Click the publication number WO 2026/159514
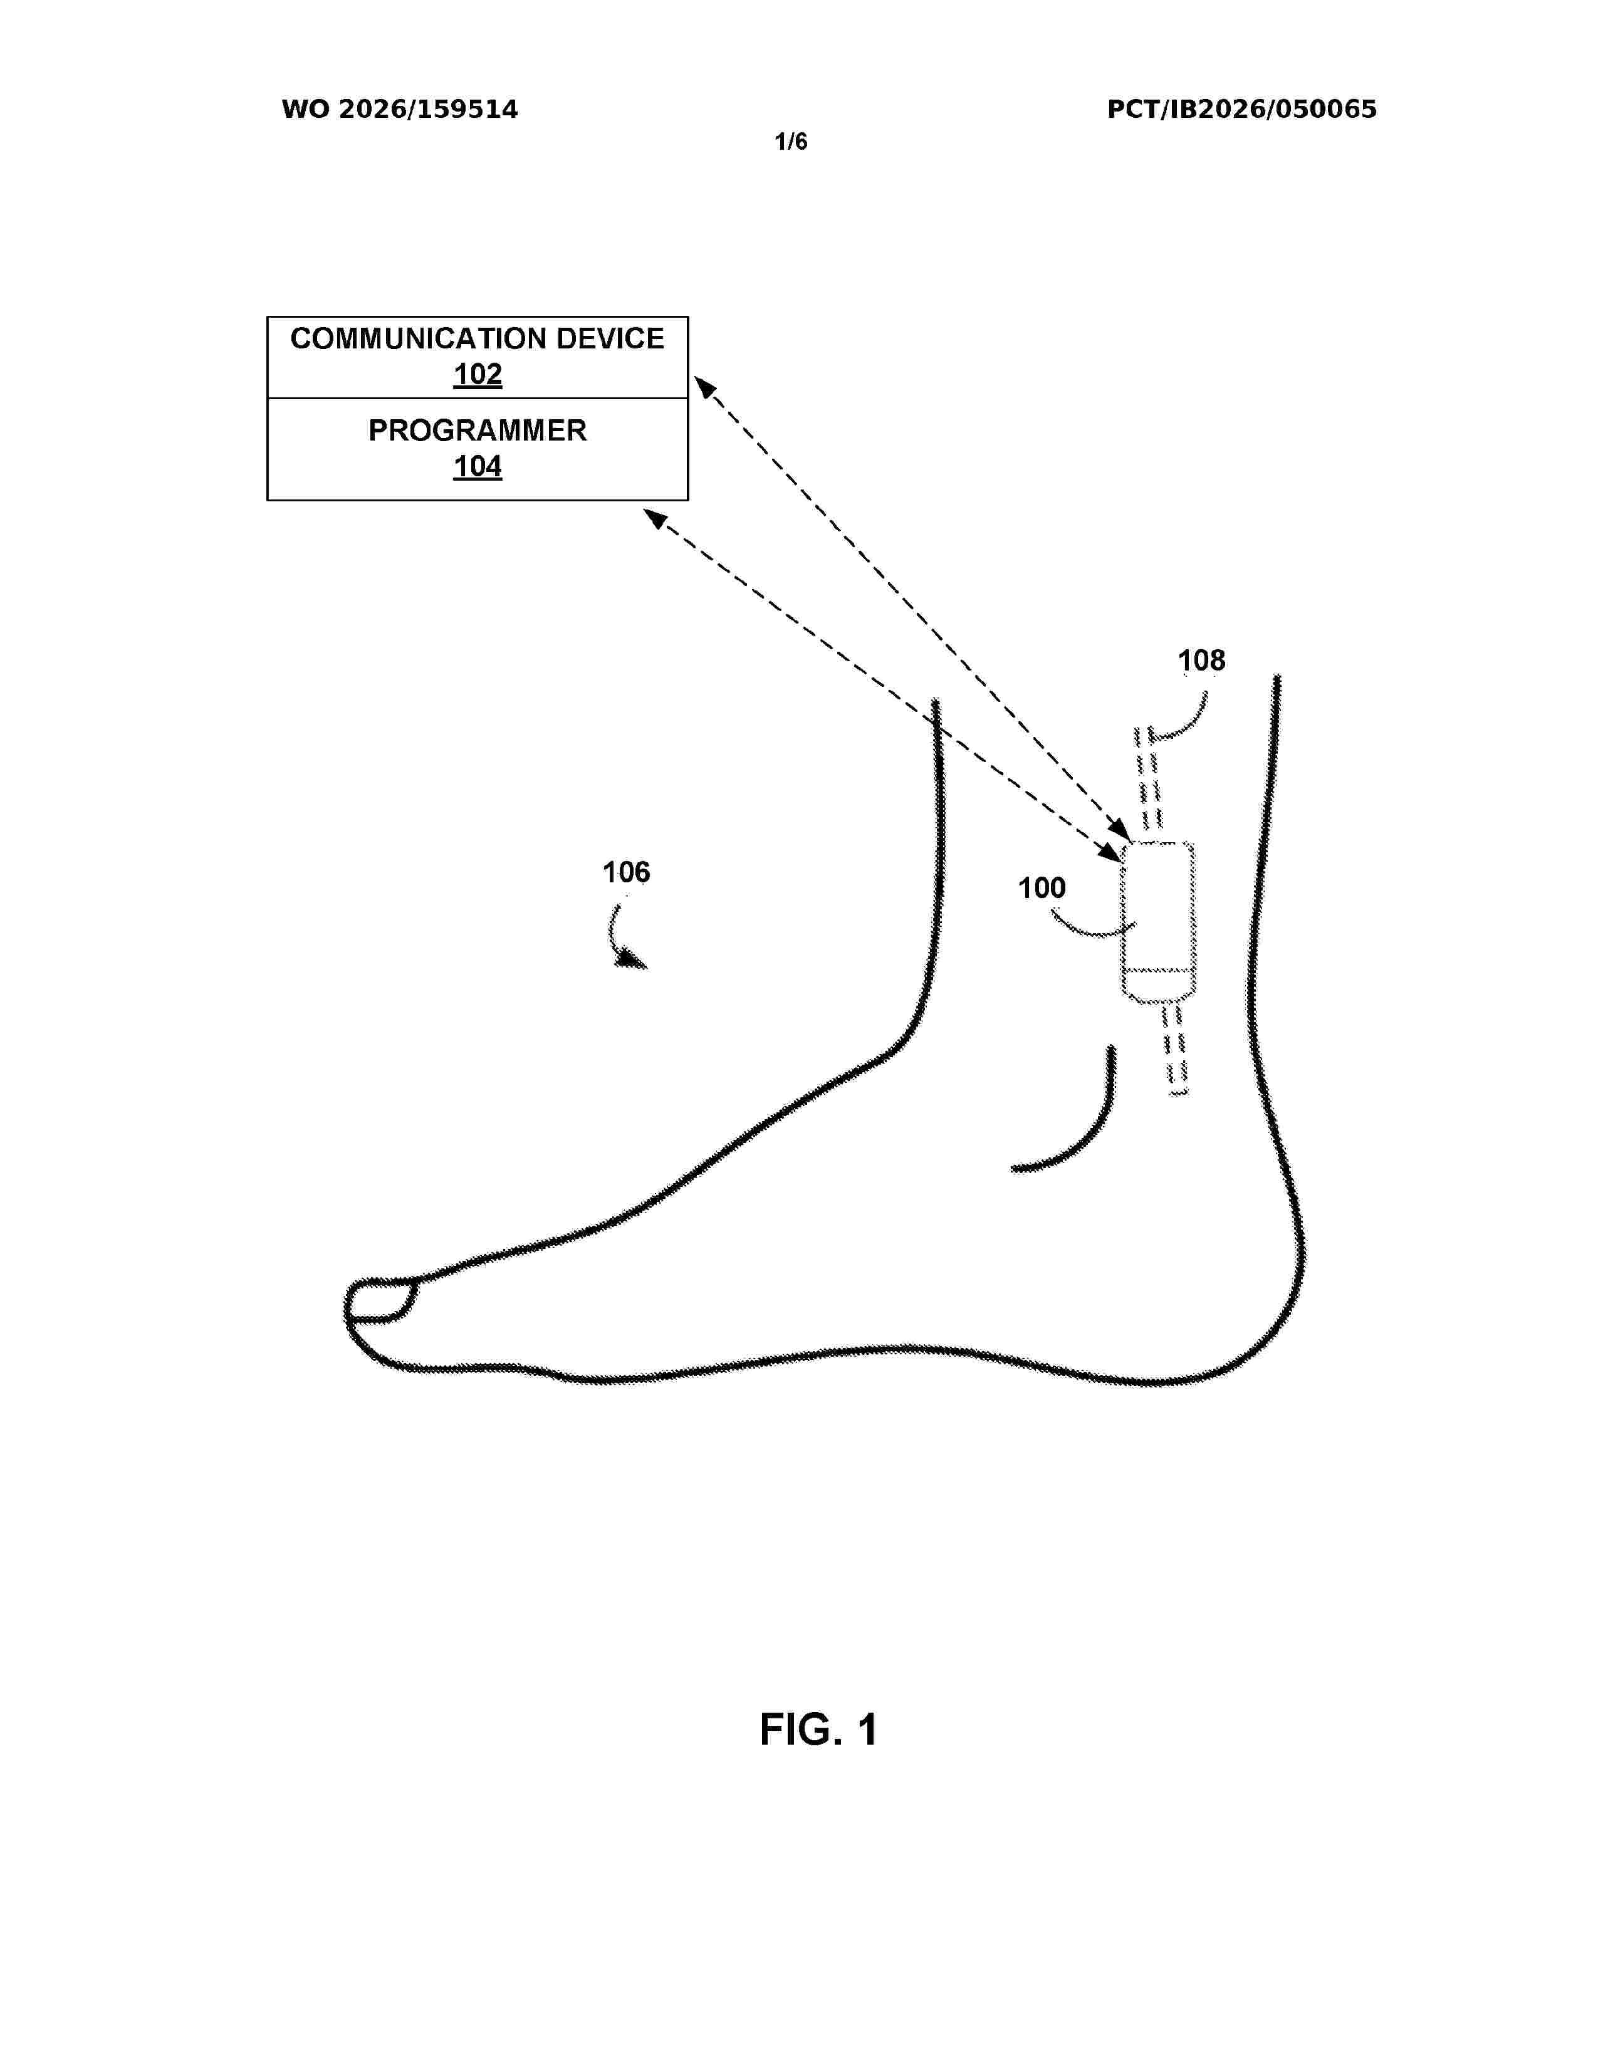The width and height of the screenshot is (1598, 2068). click(x=400, y=110)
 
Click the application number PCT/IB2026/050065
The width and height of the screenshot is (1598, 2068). click(x=1241, y=110)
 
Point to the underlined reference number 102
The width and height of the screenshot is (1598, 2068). click(x=477, y=375)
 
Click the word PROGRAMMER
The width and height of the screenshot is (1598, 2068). click(x=477, y=431)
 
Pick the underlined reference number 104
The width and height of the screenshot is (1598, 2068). click(x=477, y=467)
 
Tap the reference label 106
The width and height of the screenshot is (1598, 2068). click(x=626, y=872)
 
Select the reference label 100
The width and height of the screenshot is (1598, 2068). click(x=1042, y=888)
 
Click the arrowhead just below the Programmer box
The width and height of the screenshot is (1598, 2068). click(x=655, y=519)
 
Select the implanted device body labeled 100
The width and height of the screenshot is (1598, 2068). click(x=1158, y=921)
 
